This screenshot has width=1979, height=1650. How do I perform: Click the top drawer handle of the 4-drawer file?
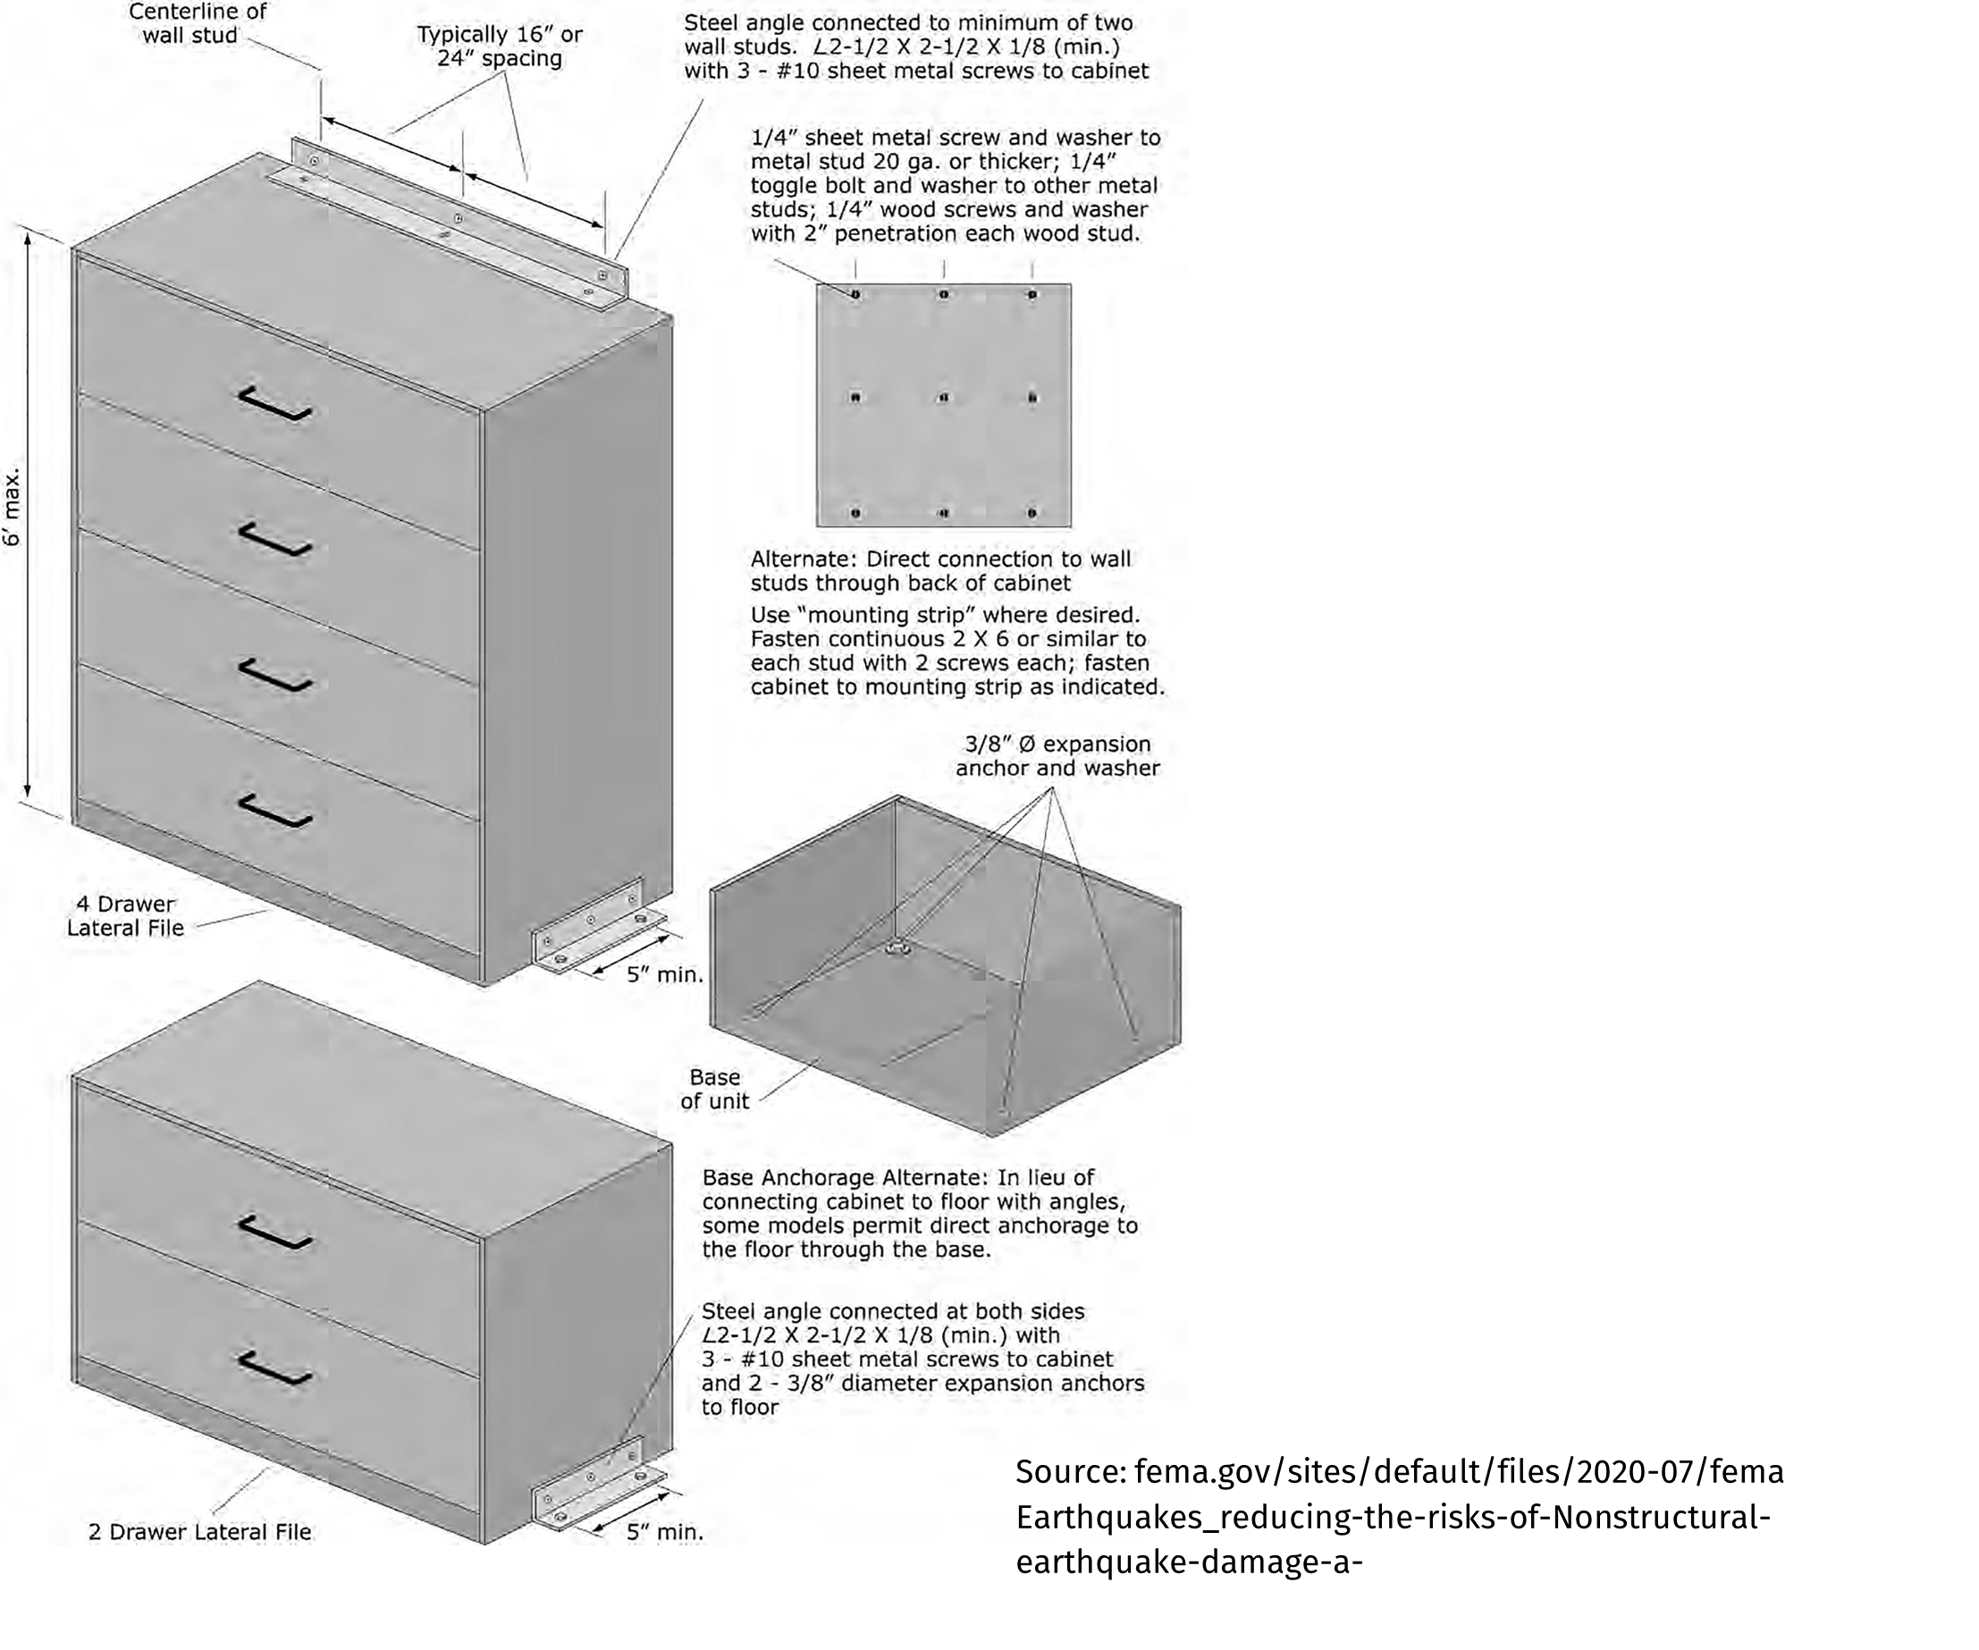coord(274,404)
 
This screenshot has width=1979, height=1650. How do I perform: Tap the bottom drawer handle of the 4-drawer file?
coord(274,811)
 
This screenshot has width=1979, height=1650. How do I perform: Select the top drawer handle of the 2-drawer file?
coord(274,1232)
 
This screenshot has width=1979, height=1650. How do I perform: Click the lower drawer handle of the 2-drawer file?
coord(274,1368)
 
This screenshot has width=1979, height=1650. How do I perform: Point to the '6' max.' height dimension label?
coord(13,509)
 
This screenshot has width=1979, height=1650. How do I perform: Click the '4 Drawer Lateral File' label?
coord(125,916)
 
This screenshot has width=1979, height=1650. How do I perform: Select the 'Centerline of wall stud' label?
coord(197,23)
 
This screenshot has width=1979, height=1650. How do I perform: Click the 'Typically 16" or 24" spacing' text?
coord(500,46)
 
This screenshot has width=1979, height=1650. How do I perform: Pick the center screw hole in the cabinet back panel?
coord(943,398)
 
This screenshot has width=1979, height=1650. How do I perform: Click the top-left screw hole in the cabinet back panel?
coord(855,295)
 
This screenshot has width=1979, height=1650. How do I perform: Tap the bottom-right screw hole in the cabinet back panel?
coord(1032,514)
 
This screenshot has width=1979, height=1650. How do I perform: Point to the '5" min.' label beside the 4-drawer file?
coord(665,975)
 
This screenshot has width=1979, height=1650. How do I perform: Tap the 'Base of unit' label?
coord(714,1090)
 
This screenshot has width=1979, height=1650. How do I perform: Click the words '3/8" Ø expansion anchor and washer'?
coord(1057,756)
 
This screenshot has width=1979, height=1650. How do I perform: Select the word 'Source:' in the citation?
coord(1071,1472)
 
